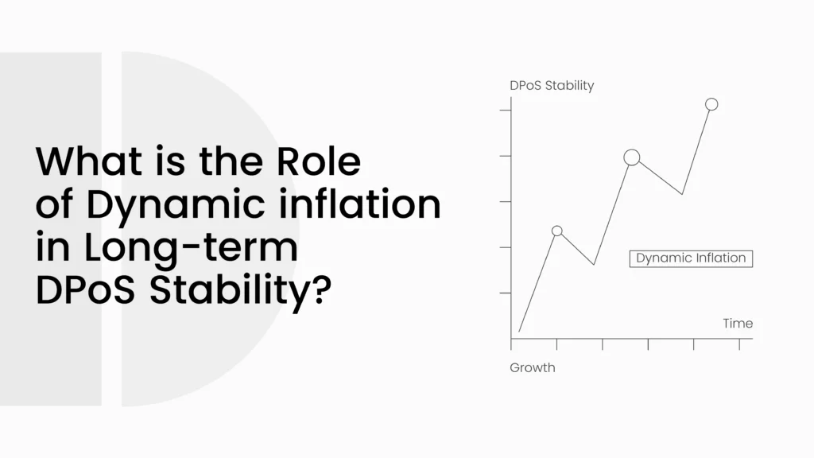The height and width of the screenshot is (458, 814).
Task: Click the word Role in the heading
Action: click(x=318, y=161)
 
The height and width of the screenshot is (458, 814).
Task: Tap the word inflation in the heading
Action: click(x=360, y=204)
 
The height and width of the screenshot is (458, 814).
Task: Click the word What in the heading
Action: click(x=89, y=161)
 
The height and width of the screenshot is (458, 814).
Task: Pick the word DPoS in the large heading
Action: click(x=85, y=289)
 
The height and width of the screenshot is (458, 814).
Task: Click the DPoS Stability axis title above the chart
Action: click(x=552, y=85)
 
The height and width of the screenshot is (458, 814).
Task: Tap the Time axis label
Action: click(x=738, y=324)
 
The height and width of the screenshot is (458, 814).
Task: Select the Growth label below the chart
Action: click(x=532, y=367)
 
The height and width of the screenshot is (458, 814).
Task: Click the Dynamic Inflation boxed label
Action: click(x=691, y=258)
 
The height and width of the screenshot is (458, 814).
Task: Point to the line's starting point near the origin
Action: click(x=519, y=332)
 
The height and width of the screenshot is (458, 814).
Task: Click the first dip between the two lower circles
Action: click(x=594, y=265)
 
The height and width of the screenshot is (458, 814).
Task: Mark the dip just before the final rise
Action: click(x=681, y=194)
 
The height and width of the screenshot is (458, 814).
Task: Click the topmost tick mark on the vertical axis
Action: click(x=505, y=110)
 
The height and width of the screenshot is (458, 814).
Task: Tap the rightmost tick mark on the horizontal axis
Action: click(x=739, y=344)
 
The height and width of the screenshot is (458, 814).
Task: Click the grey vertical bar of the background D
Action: click(x=51, y=229)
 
